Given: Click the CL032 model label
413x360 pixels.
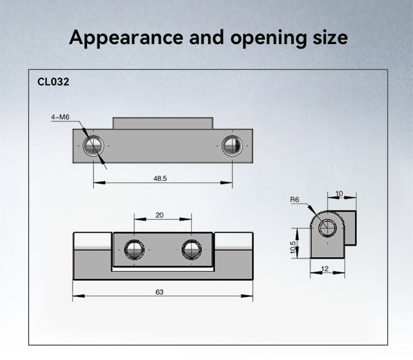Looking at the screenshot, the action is click(x=53, y=82).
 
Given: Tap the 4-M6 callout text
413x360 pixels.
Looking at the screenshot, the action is click(x=61, y=117).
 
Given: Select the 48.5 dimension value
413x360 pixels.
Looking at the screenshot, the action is click(x=160, y=179).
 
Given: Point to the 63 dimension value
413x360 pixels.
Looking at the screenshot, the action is click(x=159, y=292).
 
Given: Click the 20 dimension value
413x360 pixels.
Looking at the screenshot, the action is click(x=159, y=215).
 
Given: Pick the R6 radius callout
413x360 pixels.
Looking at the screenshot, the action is click(x=295, y=200).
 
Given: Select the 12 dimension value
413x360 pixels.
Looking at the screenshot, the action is click(x=325, y=268).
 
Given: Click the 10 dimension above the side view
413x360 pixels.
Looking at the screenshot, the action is click(x=339, y=194).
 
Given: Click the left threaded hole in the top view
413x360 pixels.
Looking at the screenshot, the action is click(x=93, y=146).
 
